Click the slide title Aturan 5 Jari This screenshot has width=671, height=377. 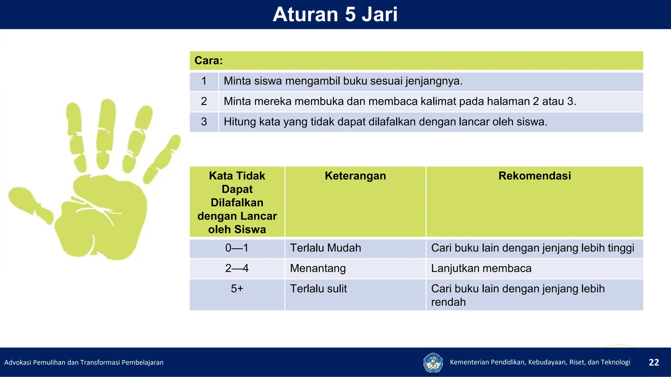click(335, 14)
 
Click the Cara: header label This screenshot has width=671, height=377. click(209, 61)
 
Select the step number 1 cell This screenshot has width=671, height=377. click(204, 81)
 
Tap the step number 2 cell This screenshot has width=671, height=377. click(204, 101)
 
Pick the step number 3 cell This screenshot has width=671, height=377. click(204, 122)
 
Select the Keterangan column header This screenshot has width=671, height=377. click(355, 176)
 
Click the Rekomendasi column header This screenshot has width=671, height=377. click(534, 176)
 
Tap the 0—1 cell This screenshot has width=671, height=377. click(237, 248)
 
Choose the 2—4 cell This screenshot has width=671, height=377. click(237, 268)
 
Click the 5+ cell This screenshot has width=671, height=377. click(237, 289)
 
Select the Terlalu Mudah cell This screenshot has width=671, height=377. click(326, 248)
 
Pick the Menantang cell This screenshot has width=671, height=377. click(318, 268)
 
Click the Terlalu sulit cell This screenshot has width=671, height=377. click(318, 289)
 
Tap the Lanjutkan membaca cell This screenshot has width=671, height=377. click(481, 268)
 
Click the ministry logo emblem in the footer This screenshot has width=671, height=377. click(433, 362)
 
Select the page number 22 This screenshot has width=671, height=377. click(654, 362)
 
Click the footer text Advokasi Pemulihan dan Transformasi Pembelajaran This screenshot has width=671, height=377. click(84, 362)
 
